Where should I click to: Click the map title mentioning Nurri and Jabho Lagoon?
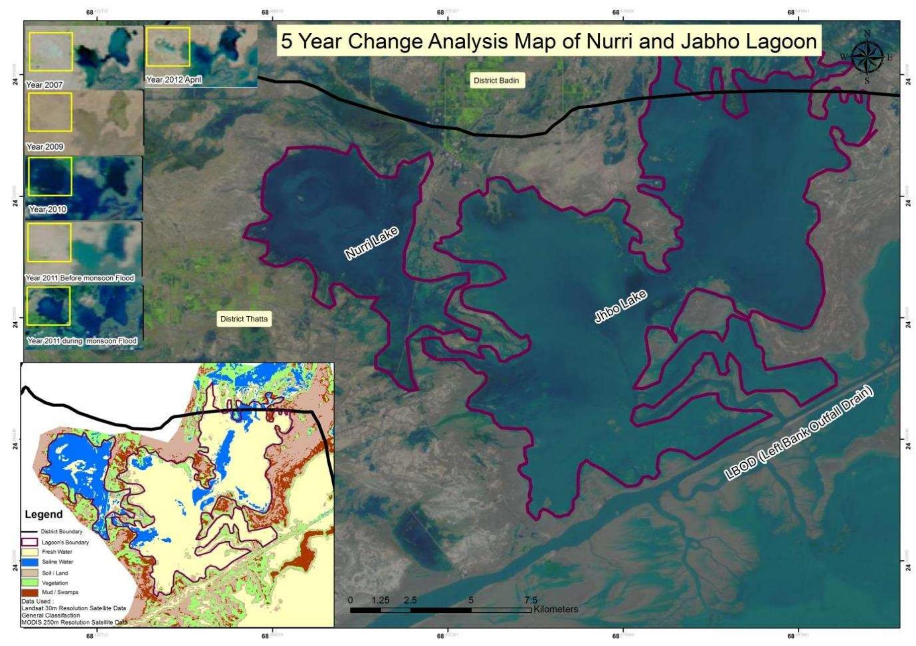coord(549,41)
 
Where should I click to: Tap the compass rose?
coord(867,57)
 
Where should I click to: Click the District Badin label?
coord(496,80)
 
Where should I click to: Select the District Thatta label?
coord(244,319)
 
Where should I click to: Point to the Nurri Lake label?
coord(371,243)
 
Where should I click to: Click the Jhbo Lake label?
coord(621,307)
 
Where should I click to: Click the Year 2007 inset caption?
coord(44,85)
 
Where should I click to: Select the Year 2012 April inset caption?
coord(174,79)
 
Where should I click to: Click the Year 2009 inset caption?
coord(45,147)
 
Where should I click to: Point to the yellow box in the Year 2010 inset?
coord(50,176)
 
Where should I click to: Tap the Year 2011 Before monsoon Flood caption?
coord(80,278)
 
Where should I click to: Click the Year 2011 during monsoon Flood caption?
coord(82,341)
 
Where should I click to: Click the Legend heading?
coord(44,514)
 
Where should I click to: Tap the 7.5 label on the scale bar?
coord(531,600)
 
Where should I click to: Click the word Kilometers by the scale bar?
coord(556,609)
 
